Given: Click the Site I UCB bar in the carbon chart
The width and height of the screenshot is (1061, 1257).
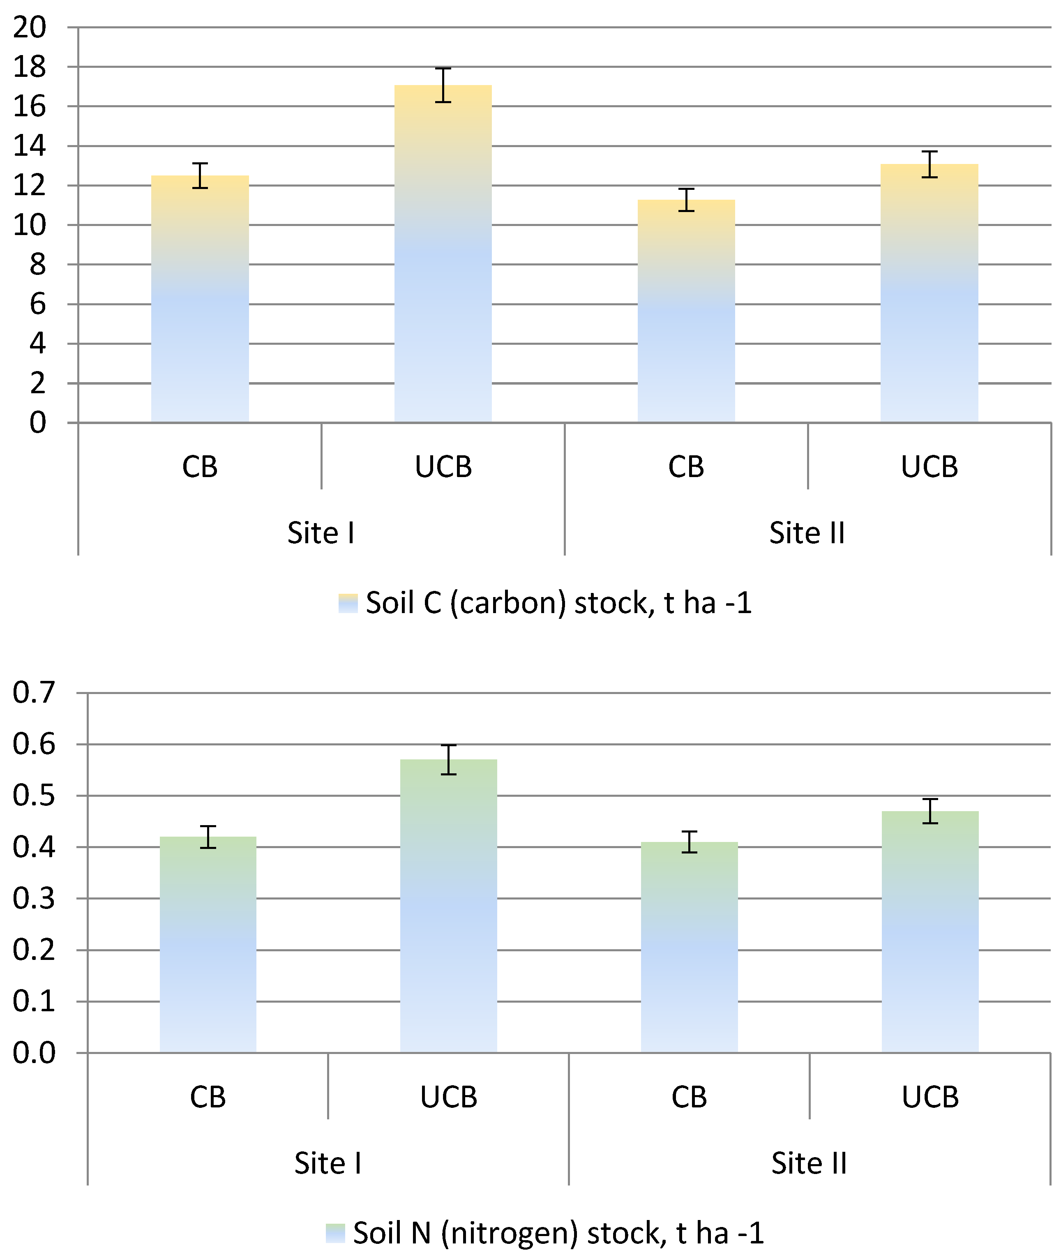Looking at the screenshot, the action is (443, 254).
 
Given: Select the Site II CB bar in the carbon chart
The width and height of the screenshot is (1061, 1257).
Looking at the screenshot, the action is (686, 311).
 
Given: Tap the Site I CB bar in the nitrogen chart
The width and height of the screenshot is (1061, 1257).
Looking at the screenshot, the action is (208, 944).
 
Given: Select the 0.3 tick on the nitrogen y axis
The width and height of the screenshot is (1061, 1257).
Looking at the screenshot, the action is (34, 899).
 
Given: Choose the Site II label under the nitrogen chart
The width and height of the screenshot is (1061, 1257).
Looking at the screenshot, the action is (810, 1163).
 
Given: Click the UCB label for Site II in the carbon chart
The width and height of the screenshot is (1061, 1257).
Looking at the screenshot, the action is (929, 467).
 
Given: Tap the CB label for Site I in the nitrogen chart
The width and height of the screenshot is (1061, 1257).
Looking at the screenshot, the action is (208, 1098).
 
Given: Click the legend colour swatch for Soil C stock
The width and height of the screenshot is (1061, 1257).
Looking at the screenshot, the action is (348, 603).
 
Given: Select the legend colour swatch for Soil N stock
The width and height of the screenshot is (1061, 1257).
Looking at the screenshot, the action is (336, 1233).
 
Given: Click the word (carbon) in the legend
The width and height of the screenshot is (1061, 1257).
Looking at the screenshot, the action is (508, 603).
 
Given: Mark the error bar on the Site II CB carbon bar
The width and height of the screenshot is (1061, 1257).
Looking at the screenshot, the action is (686, 200).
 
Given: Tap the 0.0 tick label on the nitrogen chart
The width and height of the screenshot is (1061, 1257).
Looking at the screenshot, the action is (34, 1053).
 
